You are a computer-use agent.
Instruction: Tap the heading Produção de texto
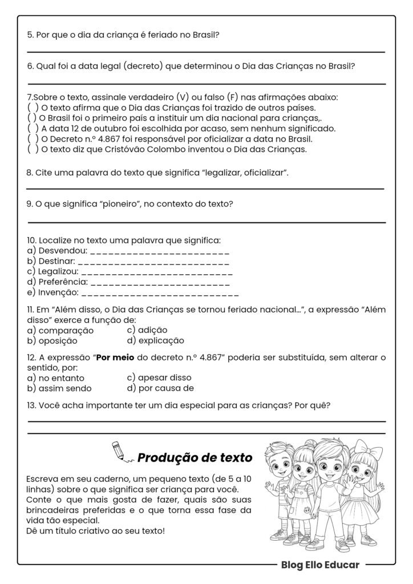(195, 457)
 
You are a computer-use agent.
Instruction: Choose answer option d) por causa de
(160, 388)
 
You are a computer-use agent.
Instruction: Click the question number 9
(30, 204)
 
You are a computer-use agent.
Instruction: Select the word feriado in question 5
(161, 35)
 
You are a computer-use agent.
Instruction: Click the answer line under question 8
(205, 188)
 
